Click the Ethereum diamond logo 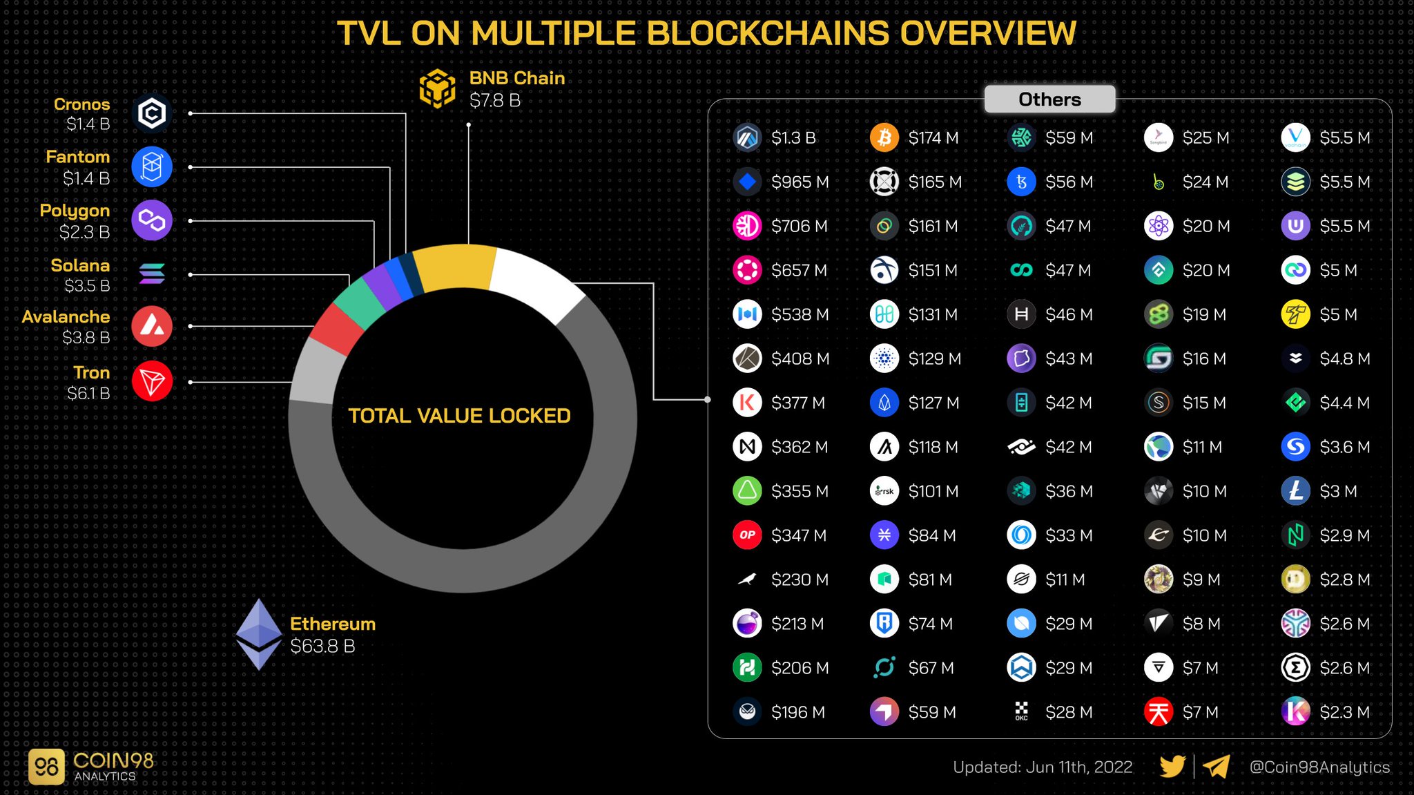point(259,634)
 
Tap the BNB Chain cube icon point(437,89)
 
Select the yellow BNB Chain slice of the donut point(456,266)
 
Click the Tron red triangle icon point(152,381)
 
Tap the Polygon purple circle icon point(152,220)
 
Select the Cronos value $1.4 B point(88,124)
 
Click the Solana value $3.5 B point(87,285)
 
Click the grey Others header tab point(1049,99)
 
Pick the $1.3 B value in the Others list point(793,138)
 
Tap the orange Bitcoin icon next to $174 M point(884,137)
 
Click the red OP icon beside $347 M point(747,535)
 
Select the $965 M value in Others point(800,182)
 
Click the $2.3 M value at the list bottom point(1344,712)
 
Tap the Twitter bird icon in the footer point(1172,766)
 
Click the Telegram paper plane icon point(1216,766)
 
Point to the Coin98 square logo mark point(46,767)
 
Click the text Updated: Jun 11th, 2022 point(1042,767)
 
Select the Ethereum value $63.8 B point(322,646)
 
